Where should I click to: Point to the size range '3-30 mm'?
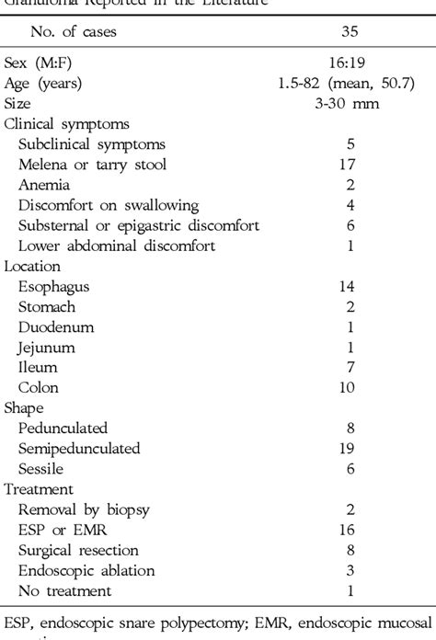347,103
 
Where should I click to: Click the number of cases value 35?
347,32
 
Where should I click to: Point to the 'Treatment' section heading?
37,488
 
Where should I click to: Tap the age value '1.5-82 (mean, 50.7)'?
347,84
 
